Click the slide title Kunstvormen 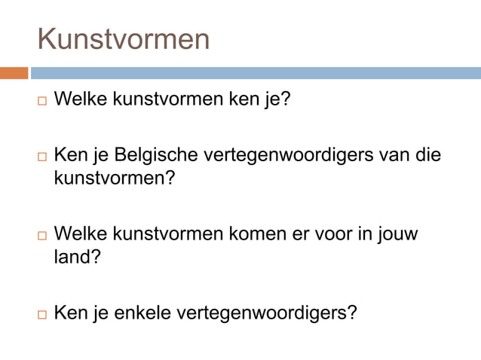(124, 39)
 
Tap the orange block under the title (14, 73)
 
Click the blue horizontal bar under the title (255, 73)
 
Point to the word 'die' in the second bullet (427, 156)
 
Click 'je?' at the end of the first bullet (277, 99)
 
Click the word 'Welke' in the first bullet (81, 99)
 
